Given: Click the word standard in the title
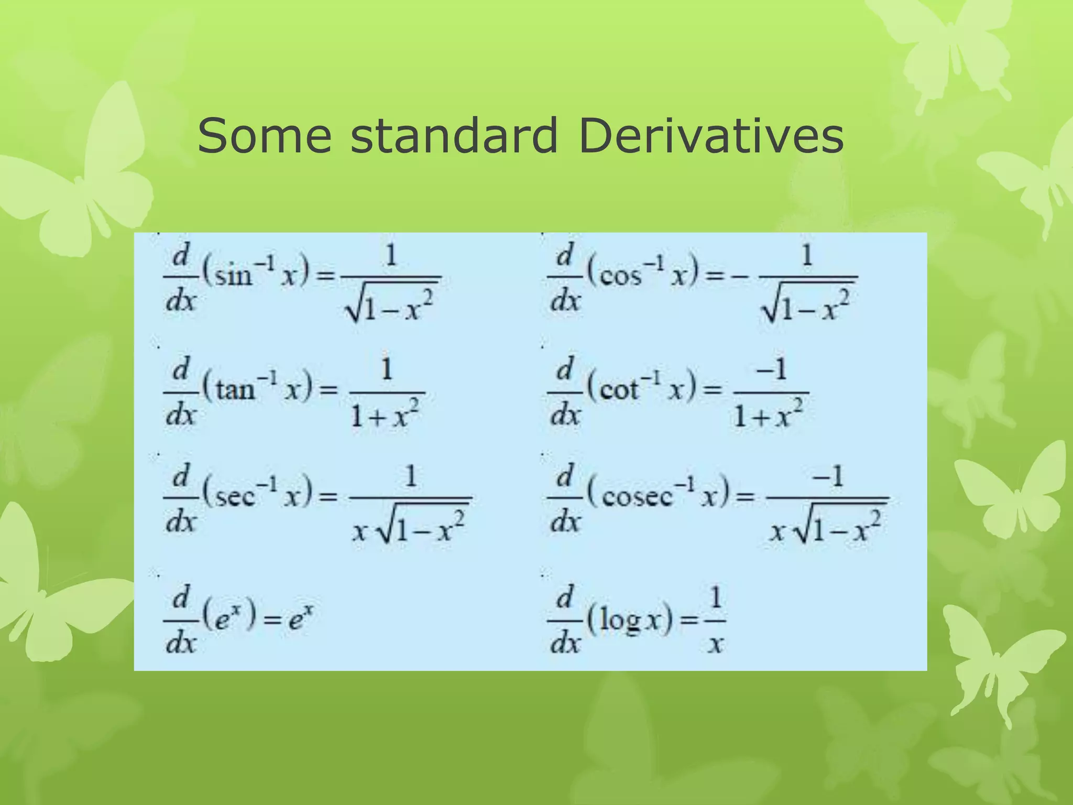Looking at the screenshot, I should [454, 136].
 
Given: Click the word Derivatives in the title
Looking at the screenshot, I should [711, 136].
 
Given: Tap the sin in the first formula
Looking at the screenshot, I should [234, 275].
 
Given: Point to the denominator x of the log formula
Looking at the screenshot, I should [715, 643].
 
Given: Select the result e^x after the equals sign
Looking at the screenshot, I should [301, 619].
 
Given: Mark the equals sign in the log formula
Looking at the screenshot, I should [689, 621].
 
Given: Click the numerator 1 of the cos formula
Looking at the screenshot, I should [807, 256].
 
